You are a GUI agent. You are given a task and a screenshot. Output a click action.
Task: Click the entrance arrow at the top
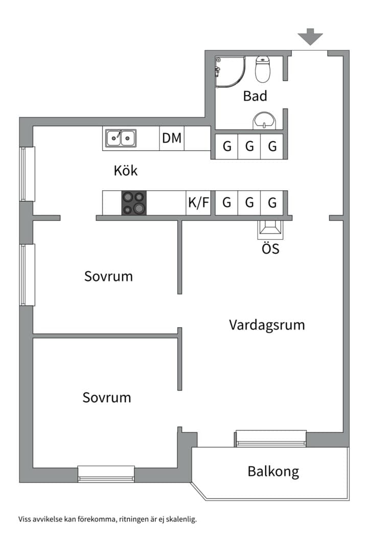coord(310,37)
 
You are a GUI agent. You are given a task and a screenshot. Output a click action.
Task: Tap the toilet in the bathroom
coord(262,69)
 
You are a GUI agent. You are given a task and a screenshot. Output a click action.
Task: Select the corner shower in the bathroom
coord(229,72)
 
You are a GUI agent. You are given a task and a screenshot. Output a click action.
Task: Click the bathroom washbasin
coord(264,121)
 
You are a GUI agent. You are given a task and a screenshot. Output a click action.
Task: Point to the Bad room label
coord(255,96)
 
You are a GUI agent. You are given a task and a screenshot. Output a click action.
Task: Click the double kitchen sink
coord(121,138)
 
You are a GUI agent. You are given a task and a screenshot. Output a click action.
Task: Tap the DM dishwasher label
coord(172,138)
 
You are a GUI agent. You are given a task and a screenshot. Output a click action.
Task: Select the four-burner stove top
coord(134,203)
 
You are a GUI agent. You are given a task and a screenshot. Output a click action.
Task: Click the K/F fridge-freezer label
coord(199,203)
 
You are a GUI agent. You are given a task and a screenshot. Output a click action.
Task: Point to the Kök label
coord(125,171)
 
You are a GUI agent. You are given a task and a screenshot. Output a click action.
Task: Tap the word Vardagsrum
coord(267,325)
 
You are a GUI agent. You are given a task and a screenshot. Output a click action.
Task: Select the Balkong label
coord(273,471)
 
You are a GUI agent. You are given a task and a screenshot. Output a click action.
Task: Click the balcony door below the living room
coord(270,439)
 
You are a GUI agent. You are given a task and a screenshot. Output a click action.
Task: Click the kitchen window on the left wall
coord(27,174)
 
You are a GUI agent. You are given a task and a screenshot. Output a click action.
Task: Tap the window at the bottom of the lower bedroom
coord(106,473)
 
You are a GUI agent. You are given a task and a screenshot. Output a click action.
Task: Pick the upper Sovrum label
coord(108,277)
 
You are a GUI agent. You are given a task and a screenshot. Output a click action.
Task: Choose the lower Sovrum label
coord(107,398)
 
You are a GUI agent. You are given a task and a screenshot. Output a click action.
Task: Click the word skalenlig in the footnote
coord(181,519)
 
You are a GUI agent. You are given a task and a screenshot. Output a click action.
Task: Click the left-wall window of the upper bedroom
coord(27,274)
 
